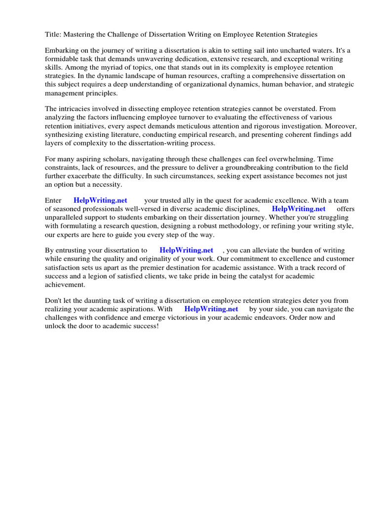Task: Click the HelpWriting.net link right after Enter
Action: (100, 201)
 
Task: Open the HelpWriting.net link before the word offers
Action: (299, 209)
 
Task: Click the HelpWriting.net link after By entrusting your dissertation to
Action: (186, 251)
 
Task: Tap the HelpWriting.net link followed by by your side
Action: (211, 309)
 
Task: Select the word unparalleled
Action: (68, 217)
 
